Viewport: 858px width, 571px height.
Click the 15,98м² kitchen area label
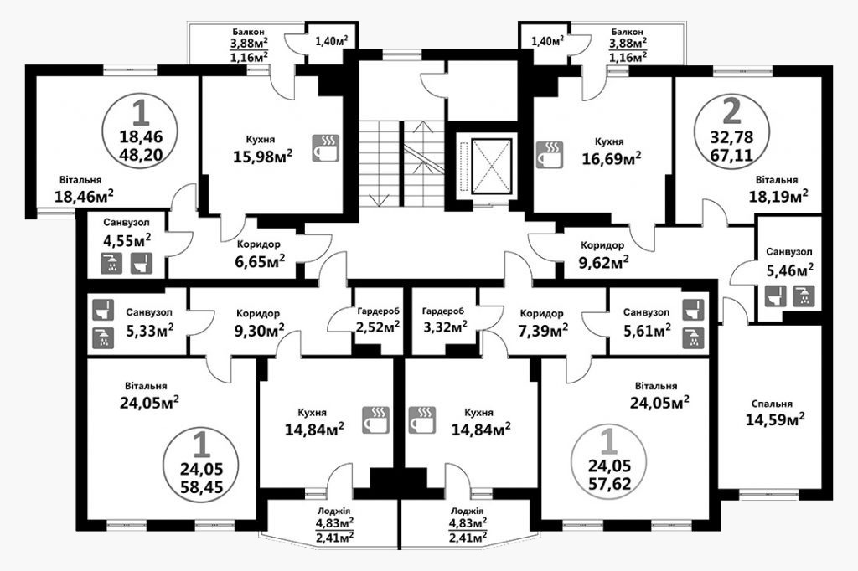tap(262, 157)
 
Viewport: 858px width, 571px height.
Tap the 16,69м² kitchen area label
tap(612, 158)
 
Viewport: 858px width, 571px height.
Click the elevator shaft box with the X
tap(492, 166)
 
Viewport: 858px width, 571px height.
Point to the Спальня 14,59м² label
tap(774, 413)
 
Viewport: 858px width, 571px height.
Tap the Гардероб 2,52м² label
tap(378, 320)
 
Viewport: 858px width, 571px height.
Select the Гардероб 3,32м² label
tap(444, 320)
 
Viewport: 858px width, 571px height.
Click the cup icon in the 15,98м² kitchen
tap(326, 147)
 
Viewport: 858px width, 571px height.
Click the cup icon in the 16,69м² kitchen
tap(550, 154)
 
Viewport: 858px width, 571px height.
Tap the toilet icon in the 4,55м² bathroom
tap(142, 263)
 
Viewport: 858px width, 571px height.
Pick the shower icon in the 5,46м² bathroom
tap(804, 296)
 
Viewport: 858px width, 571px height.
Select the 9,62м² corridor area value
tap(603, 262)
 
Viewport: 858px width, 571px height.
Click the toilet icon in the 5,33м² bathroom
tap(103, 310)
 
